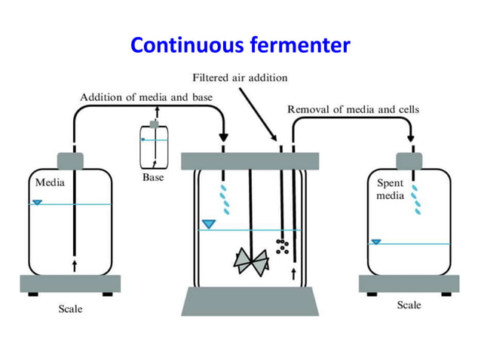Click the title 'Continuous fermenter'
click(x=240, y=46)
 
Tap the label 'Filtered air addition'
click(x=240, y=78)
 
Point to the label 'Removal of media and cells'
click(x=353, y=109)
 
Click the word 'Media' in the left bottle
click(x=49, y=182)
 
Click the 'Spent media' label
click(x=390, y=189)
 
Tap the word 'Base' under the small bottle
click(x=153, y=178)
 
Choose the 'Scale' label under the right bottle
click(x=409, y=305)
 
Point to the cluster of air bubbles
click(x=282, y=246)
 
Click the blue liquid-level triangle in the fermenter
click(x=209, y=224)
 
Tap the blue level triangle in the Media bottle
click(x=37, y=202)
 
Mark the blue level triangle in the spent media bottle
click(x=375, y=242)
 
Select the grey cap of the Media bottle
click(x=73, y=161)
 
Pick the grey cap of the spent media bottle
click(x=409, y=161)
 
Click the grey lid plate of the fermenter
click(x=250, y=161)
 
